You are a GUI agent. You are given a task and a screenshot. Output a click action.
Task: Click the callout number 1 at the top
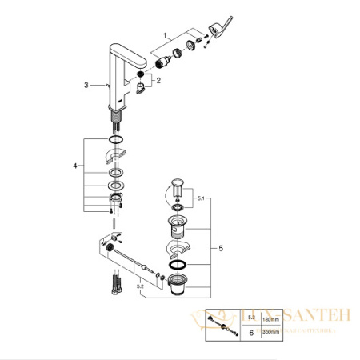tap(165, 35)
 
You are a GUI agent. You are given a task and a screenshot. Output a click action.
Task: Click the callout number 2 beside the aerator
tap(158, 81)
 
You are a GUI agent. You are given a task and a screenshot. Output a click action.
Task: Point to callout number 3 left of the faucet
tap(86, 83)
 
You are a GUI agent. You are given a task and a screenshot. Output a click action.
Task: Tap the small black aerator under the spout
tap(142, 76)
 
